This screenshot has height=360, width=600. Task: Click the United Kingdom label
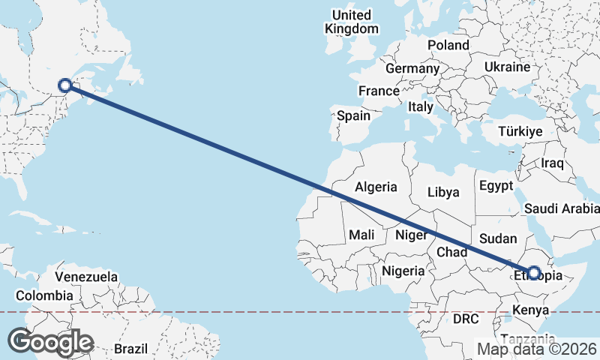tap(352, 22)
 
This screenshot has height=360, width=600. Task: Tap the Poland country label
tap(448, 45)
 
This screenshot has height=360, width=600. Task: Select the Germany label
tap(412, 68)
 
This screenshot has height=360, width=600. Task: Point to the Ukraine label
tap(508, 67)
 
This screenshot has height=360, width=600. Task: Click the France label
tap(379, 91)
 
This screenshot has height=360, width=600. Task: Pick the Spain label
tap(354, 115)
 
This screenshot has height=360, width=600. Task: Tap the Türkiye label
tap(520, 131)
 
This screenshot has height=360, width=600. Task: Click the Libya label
tap(442, 192)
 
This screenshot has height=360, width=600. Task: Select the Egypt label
tap(496, 185)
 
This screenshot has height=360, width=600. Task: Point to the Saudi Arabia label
tap(562, 208)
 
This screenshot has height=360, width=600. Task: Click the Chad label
tap(453, 251)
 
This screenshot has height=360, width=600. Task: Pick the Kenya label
tap(531, 310)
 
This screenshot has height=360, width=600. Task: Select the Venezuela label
tap(86, 277)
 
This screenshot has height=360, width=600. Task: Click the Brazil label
tap(131, 349)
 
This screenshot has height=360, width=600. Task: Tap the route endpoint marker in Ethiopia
tap(534, 274)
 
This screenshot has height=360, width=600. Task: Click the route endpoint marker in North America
tap(65, 85)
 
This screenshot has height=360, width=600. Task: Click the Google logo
tap(50, 341)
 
